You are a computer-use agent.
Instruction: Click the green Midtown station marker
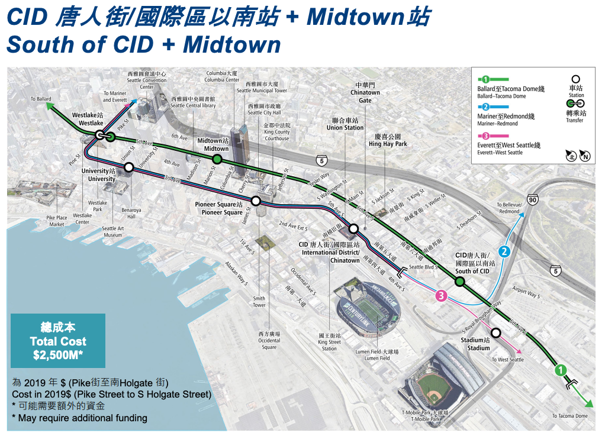(x=217, y=159)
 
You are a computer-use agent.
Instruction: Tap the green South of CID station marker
(x=459, y=282)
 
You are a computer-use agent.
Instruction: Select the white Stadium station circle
(x=495, y=333)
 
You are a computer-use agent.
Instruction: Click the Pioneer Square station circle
(x=256, y=201)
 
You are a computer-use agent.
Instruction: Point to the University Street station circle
(x=128, y=169)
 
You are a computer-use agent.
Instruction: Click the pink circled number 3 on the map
(x=440, y=295)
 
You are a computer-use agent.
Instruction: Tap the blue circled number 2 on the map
(x=504, y=251)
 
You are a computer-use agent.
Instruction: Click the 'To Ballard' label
(x=41, y=99)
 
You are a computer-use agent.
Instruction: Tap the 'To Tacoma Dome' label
(x=570, y=416)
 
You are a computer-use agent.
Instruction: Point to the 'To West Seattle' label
(x=507, y=360)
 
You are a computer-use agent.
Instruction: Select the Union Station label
(x=345, y=124)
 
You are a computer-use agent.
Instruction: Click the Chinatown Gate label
(x=365, y=93)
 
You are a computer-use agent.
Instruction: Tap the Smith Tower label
(x=259, y=302)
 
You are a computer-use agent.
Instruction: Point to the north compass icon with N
(x=585, y=156)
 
